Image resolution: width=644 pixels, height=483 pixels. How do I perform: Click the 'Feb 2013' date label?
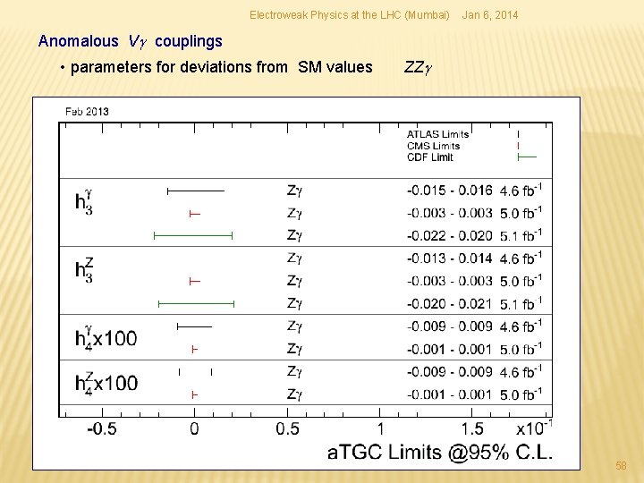(x=87, y=111)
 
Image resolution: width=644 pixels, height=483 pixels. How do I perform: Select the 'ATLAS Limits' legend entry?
(x=437, y=134)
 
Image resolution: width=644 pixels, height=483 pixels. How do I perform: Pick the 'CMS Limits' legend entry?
(x=433, y=146)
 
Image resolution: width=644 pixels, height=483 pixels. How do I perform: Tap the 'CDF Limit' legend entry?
(x=429, y=157)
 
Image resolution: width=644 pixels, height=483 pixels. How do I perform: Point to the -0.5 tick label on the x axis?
(x=101, y=428)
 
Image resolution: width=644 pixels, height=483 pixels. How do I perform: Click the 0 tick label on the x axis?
(x=194, y=428)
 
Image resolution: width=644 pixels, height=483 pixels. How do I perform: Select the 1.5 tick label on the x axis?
(x=472, y=428)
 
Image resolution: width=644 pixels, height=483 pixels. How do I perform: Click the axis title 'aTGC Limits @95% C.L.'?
(x=440, y=453)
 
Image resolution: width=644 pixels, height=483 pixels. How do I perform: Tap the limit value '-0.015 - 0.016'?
(x=449, y=190)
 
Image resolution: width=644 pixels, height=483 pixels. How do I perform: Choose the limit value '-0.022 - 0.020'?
(x=449, y=235)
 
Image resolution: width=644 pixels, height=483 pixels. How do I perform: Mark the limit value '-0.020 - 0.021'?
(x=449, y=303)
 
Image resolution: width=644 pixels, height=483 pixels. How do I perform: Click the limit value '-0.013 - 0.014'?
(x=449, y=258)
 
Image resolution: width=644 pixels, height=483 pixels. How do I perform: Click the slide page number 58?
(x=621, y=466)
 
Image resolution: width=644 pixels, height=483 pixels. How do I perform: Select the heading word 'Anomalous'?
(x=78, y=41)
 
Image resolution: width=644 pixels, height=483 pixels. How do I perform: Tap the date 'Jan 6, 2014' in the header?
(x=488, y=15)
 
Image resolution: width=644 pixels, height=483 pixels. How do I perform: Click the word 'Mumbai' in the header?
(x=427, y=15)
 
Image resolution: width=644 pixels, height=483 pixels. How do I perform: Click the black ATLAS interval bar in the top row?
(x=196, y=191)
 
